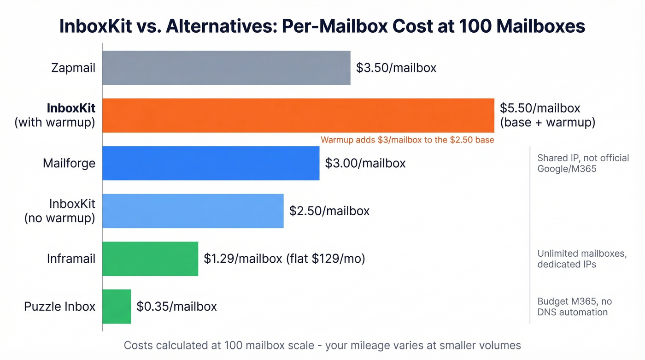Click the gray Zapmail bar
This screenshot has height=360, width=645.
(226, 68)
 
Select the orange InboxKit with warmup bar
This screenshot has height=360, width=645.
(298, 115)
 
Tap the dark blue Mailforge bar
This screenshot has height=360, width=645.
(211, 163)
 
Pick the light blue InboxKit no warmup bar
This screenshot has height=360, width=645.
(193, 211)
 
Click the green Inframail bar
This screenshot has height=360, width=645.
(150, 259)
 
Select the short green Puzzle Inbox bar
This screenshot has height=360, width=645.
(117, 307)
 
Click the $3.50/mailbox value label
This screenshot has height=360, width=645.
(396, 68)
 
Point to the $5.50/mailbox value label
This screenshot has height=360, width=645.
(539, 108)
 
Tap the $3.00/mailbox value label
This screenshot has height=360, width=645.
(365, 163)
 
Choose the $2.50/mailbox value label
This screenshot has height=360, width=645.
(329, 211)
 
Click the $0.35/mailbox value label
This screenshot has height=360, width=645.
(176, 307)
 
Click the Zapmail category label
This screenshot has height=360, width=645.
(73, 68)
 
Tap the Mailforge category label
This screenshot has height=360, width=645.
(69, 163)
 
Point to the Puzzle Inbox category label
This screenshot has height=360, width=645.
(59, 307)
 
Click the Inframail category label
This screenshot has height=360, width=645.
(71, 259)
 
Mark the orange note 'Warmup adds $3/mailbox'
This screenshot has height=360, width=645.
(407, 140)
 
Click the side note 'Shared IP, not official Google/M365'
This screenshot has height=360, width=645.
(582, 163)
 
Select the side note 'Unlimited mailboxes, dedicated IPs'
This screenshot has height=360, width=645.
(581, 259)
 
